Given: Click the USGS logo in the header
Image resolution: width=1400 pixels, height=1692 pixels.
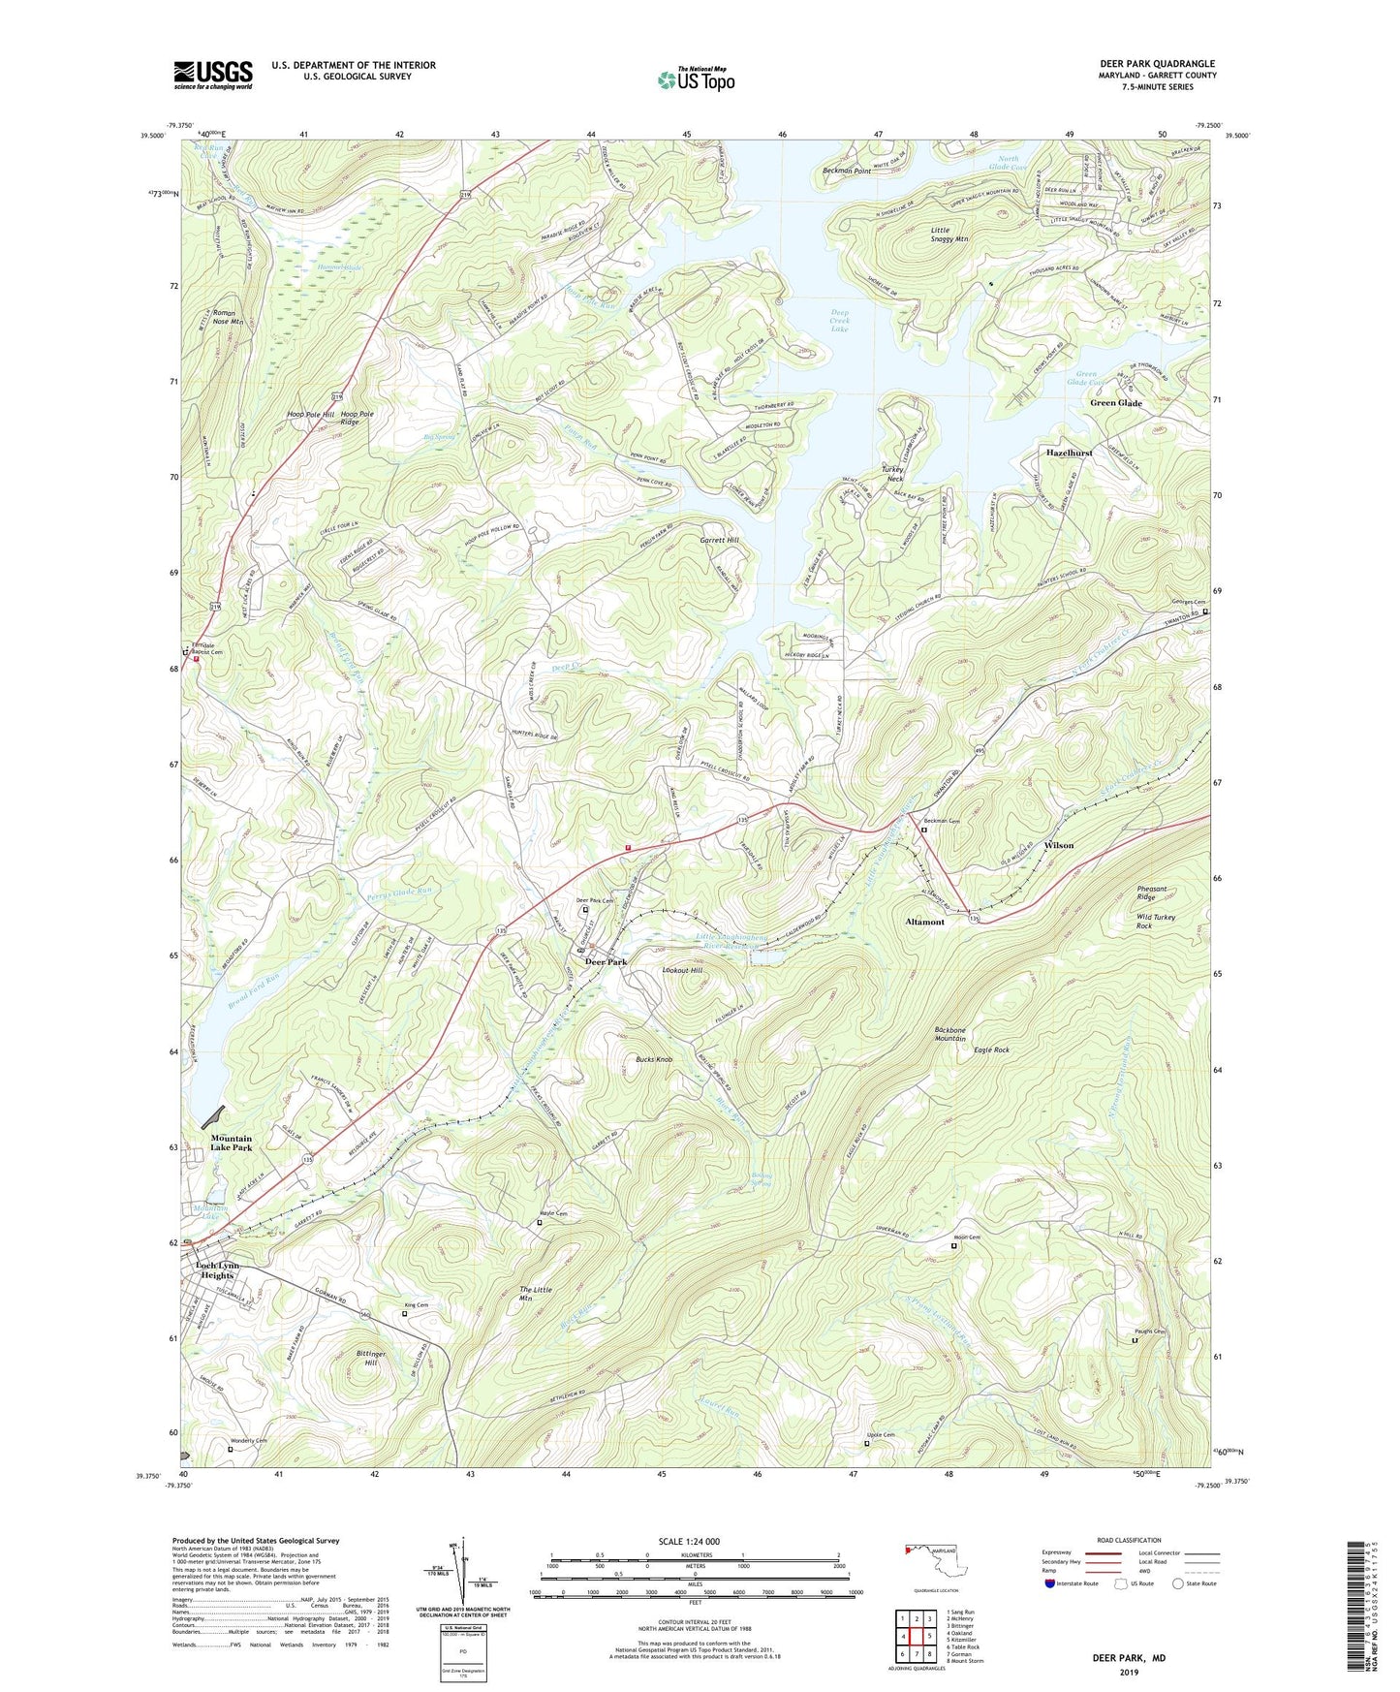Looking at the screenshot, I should point(213,75).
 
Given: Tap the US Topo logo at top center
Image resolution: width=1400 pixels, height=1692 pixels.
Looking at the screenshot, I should point(696,79).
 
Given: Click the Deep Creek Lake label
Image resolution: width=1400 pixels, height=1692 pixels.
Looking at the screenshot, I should point(839,321).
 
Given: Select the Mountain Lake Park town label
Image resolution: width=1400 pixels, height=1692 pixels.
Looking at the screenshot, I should point(232,1143).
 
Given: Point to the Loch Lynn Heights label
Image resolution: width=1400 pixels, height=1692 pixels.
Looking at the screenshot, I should point(217,1270).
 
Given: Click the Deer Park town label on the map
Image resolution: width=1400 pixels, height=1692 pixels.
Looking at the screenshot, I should point(606,962).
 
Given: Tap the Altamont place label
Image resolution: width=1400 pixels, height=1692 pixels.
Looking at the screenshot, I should point(923,922).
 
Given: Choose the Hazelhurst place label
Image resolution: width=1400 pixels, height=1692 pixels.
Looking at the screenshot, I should point(1069,453).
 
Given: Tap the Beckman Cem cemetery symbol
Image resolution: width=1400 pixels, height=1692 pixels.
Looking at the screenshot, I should point(923,830).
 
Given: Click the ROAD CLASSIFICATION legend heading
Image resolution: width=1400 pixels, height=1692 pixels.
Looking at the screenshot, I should point(1129,1540).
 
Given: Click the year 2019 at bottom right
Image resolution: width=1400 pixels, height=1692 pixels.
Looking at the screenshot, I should point(1129,1672).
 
